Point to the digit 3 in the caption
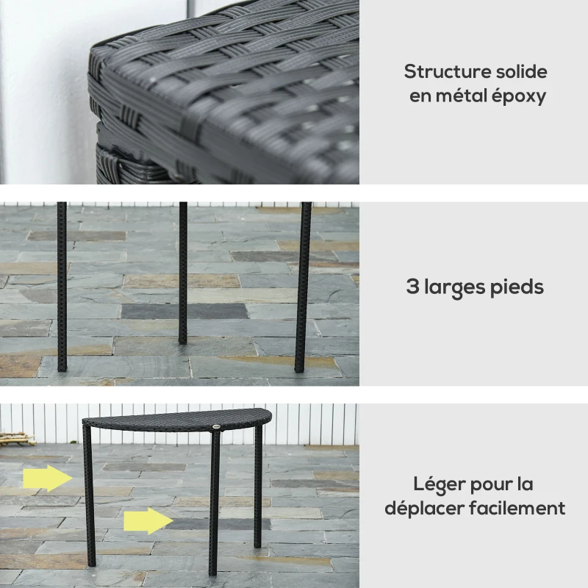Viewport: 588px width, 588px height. [x=412, y=287]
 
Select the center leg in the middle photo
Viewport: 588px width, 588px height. [x=182, y=272]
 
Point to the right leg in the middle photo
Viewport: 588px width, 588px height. [x=302, y=287]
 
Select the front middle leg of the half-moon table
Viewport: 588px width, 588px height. [x=214, y=507]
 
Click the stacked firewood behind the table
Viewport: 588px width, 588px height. [x=16, y=439]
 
